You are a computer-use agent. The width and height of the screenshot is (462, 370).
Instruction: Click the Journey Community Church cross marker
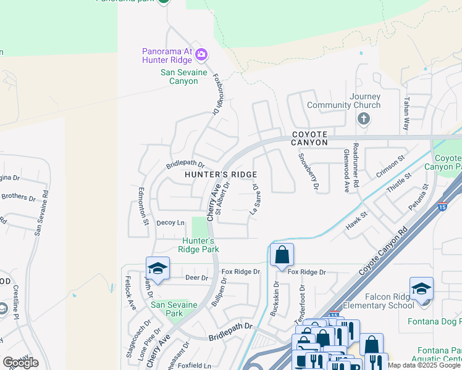364,118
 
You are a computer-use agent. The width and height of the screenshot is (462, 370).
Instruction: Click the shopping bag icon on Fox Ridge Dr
282,254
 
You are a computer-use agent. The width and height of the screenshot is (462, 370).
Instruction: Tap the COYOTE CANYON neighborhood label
309,138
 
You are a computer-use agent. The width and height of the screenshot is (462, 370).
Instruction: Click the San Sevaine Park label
174,309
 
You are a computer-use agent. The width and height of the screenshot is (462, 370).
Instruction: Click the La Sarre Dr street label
253,199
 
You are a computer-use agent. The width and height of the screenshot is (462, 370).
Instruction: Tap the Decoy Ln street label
170,223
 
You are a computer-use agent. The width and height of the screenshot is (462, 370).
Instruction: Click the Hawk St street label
356,221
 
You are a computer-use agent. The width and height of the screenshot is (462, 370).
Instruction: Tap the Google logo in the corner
21,362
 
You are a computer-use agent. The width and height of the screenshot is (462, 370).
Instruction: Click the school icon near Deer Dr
157,268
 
